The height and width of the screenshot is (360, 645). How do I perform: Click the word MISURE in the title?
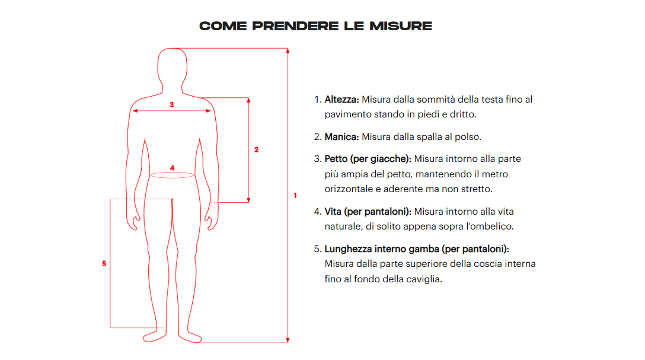tap(401, 26)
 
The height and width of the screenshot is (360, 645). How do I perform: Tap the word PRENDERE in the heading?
tap(295, 26)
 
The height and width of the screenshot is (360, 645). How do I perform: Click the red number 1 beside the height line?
tap(295, 196)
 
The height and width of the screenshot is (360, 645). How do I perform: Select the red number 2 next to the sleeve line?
tap(256, 149)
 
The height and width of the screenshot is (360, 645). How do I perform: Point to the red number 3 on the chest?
tap(171, 104)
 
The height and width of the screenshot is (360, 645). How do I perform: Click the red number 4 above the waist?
tap(172, 168)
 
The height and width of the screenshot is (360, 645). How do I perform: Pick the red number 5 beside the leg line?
tap(104, 263)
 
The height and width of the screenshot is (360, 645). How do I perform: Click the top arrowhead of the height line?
tap(288, 50)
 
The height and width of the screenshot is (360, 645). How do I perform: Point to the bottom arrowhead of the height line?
tap(288, 340)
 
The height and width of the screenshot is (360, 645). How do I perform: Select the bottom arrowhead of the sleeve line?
tap(248, 200)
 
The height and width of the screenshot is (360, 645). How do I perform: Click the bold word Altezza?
tap(342, 100)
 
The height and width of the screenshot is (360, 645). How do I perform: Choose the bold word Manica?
tap(342, 137)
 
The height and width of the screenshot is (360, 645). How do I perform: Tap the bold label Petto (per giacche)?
tap(368, 159)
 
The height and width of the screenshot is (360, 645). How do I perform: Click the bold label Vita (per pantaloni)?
tap(368, 212)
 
